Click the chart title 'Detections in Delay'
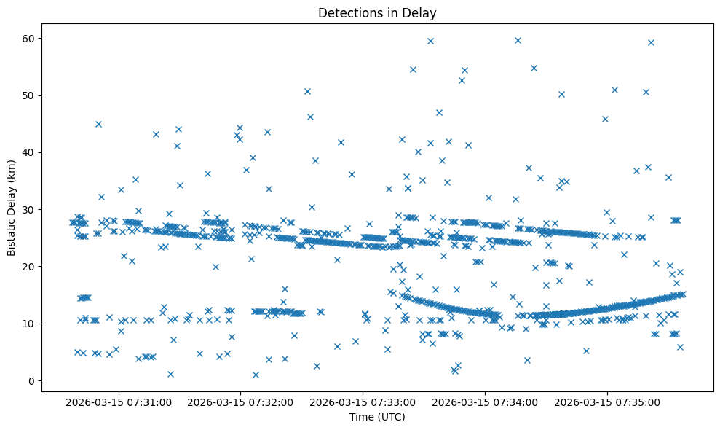(377, 12)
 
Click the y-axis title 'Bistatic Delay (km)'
(12, 208)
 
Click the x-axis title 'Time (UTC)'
(377, 418)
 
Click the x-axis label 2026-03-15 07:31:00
(118, 402)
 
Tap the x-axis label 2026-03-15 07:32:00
(240, 402)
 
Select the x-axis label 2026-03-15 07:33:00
(363, 402)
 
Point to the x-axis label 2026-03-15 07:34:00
(485, 402)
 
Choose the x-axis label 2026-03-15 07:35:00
(607, 402)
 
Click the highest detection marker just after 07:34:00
(518, 40)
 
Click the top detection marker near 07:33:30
(430, 41)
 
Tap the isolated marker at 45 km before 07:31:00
(98, 124)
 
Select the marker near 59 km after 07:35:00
(651, 42)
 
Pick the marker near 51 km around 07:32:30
(307, 91)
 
